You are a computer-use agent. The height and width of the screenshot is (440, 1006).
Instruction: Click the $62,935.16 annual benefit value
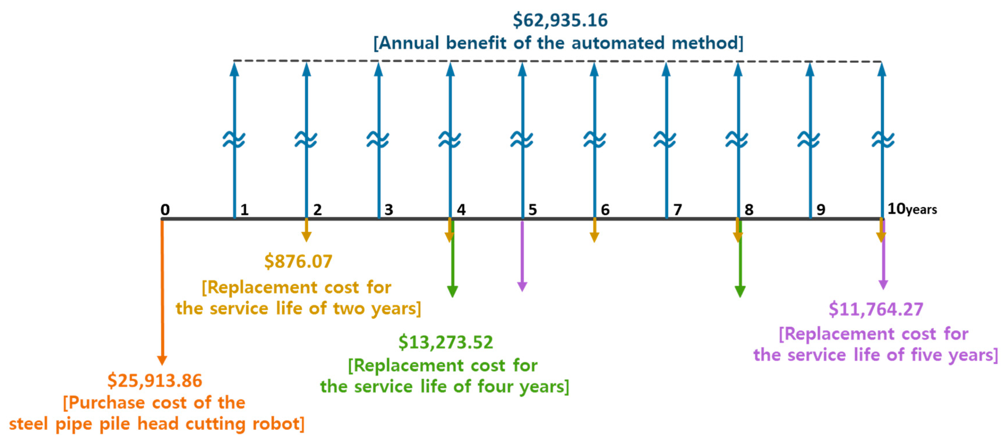click(560, 20)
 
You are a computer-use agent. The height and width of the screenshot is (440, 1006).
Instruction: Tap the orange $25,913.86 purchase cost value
click(155, 381)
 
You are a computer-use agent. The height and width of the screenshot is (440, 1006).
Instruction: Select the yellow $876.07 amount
click(298, 261)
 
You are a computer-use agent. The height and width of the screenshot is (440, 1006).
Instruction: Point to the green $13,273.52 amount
click(446, 342)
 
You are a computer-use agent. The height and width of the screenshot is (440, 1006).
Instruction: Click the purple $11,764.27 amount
click(876, 310)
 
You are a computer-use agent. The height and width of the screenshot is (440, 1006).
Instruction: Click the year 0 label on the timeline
click(165, 210)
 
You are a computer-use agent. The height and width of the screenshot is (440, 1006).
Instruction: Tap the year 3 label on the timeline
click(389, 210)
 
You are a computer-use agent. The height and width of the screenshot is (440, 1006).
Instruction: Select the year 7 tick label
click(678, 210)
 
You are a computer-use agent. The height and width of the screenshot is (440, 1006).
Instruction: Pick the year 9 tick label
click(821, 210)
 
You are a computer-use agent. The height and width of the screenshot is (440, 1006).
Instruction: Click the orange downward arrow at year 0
click(162, 293)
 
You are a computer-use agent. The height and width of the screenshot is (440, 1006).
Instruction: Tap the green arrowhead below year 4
click(452, 291)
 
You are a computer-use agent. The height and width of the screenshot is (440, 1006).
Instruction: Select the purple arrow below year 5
click(522, 258)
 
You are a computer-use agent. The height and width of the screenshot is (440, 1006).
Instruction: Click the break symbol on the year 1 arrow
click(234, 140)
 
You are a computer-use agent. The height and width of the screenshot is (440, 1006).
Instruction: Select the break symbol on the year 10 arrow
click(883, 140)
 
